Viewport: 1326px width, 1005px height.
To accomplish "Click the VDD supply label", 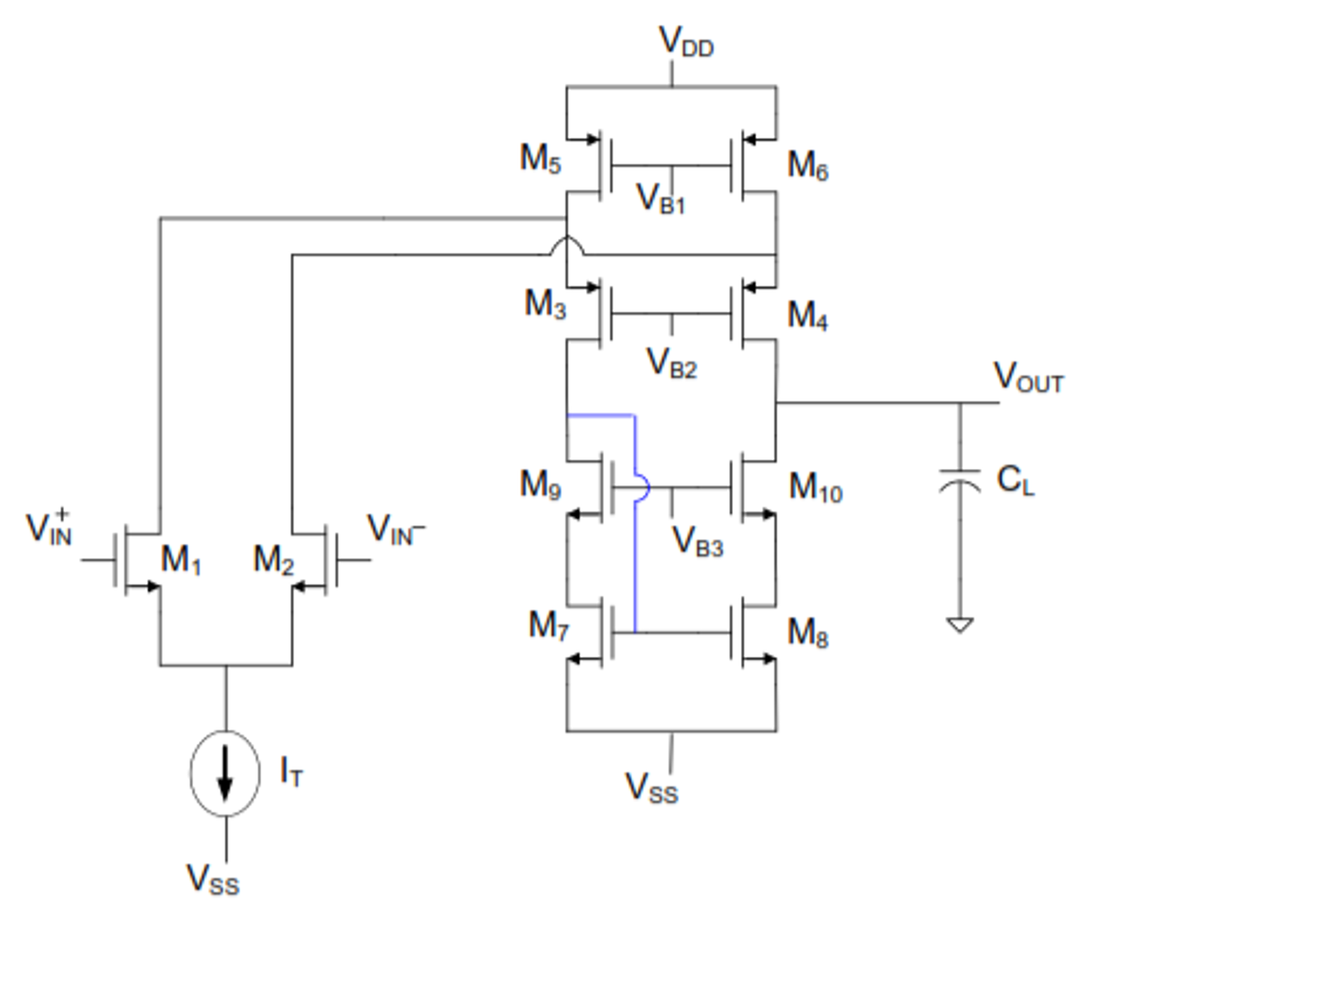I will coord(685,43).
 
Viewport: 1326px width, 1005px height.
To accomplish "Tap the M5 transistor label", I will coord(540,159).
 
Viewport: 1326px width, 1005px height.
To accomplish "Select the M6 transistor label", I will coord(807,165).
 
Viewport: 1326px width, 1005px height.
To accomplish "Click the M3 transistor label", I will coord(544,304).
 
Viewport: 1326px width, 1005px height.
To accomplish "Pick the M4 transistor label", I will coord(807,316).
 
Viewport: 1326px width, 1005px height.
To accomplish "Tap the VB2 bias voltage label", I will coord(671,363).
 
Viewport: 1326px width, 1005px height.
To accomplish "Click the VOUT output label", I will coord(1028,377).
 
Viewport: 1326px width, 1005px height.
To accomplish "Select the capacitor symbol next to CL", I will coord(959,480).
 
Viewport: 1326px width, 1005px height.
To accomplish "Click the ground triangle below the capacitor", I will coord(959,624).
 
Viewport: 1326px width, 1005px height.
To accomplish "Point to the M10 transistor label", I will coord(815,488).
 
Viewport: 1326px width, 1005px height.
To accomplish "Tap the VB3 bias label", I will coord(697,542).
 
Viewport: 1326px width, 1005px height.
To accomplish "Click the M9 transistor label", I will coord(540,485).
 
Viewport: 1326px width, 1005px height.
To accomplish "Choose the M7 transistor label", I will coord(548,626).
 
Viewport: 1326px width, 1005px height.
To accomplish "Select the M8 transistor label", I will coord(807,633).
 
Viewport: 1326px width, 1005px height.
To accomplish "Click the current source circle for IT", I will coord(225,773).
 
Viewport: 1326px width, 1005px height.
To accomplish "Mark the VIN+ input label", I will coord(49,528).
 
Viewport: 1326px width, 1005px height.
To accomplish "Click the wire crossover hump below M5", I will coord(566,246).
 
